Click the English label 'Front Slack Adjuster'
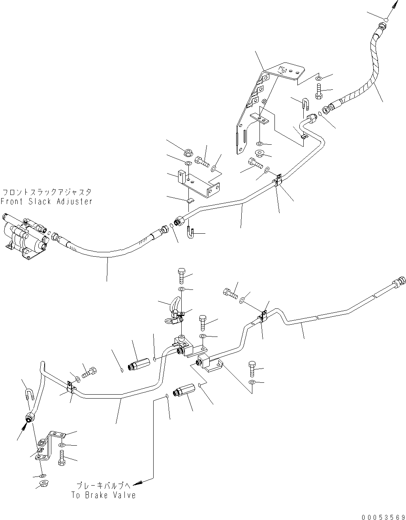click(x=46, y=201)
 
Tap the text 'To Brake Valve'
click(x=103, y=495)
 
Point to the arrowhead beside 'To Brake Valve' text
click(x=137, y=483)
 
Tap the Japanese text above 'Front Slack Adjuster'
click(x=47, y=193)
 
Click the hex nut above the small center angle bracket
click(x=188, y=152)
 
